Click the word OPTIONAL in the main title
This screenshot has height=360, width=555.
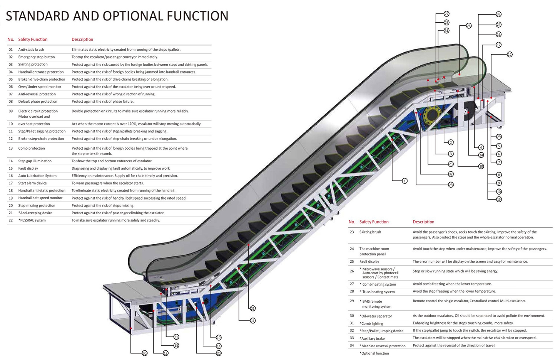click(133, 16)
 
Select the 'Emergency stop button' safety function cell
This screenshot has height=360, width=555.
click(37, 57)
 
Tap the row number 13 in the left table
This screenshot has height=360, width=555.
click(11, 148)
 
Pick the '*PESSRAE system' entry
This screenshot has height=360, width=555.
click(32, 220)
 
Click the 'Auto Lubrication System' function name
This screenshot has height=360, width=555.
click(37, 176)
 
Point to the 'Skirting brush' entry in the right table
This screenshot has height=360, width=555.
click(370, 232)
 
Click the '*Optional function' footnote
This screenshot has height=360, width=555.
click(374, 353)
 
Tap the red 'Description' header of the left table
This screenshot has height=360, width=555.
click(82, 39)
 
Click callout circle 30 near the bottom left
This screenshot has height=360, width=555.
click(144, 353)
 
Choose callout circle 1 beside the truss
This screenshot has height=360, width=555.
click(405, 181)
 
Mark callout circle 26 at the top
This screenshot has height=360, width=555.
click(468, 26)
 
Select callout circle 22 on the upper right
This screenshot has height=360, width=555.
click(510, 55)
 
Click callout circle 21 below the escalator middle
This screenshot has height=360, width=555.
click(252, 308)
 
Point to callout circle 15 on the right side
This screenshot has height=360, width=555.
click(499, 199)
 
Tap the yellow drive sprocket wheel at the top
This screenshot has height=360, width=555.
click(432, 114)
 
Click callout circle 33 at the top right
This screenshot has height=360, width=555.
click(499, 14)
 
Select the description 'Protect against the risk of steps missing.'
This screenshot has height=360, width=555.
click(103, 205)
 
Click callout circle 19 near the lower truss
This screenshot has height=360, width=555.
click(219, 338)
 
